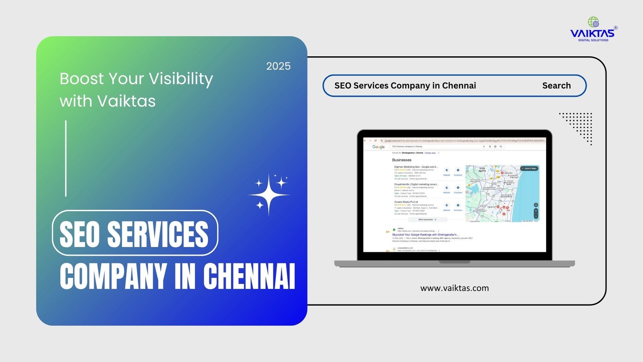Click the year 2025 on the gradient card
pyautogui.click(x=278, y=66)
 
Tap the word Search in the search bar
pyautogui.click(x=556, y=86)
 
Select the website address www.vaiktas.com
pyautogui.click(x=455, y=288)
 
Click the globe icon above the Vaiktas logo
pyautogui.click(x=593, y=23)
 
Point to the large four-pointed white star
pyautogui.click(x=268, y=195)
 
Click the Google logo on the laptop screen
pyautogui.click(x=378, y=147)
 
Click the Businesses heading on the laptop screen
pyautogui.click(x=401, y=160)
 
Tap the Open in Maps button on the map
pyautogui.click(x=529, y=169)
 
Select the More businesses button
pyautogui.click(x=427, y=220)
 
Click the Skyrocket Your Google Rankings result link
pyautogui.click(x=426, y=234)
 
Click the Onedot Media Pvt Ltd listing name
pyautogui.click(x=406, y=202)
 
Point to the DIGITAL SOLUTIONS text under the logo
pyautogui.click(x=593, y=40)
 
